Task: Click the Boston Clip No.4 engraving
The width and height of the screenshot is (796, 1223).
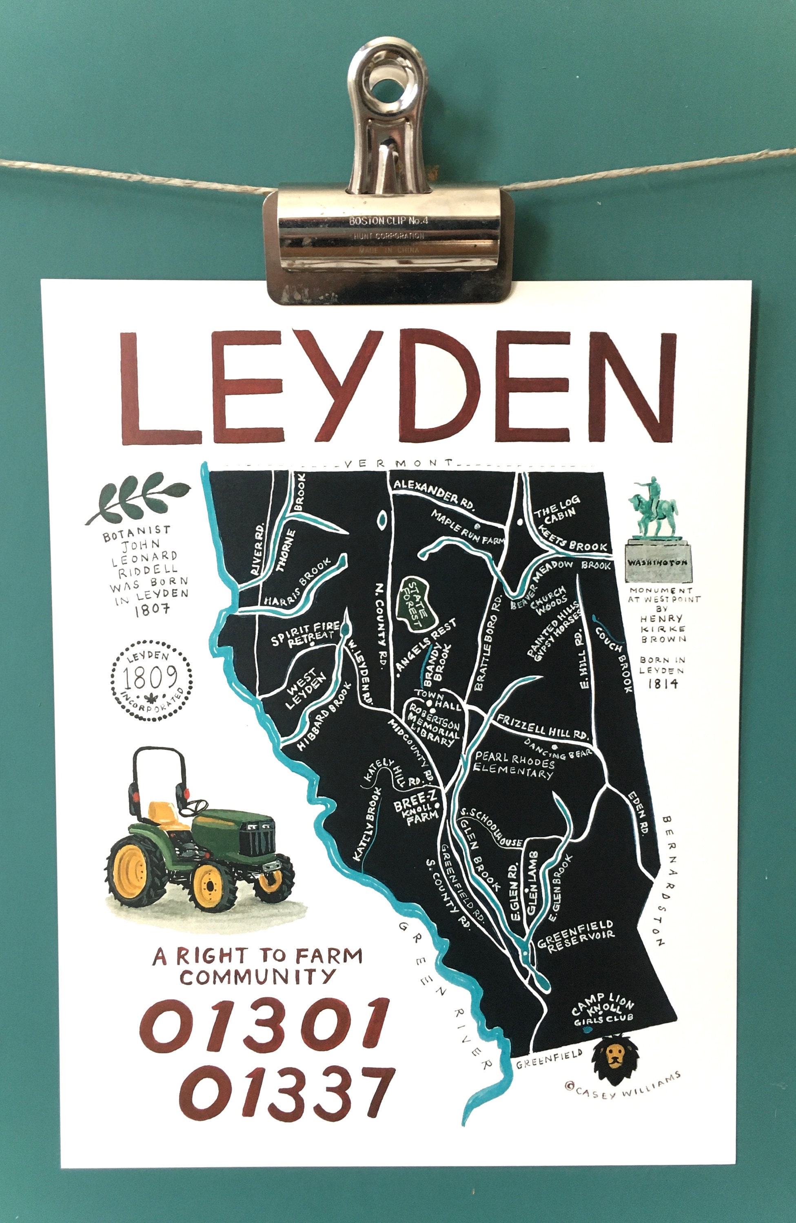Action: tap(388, 221)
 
